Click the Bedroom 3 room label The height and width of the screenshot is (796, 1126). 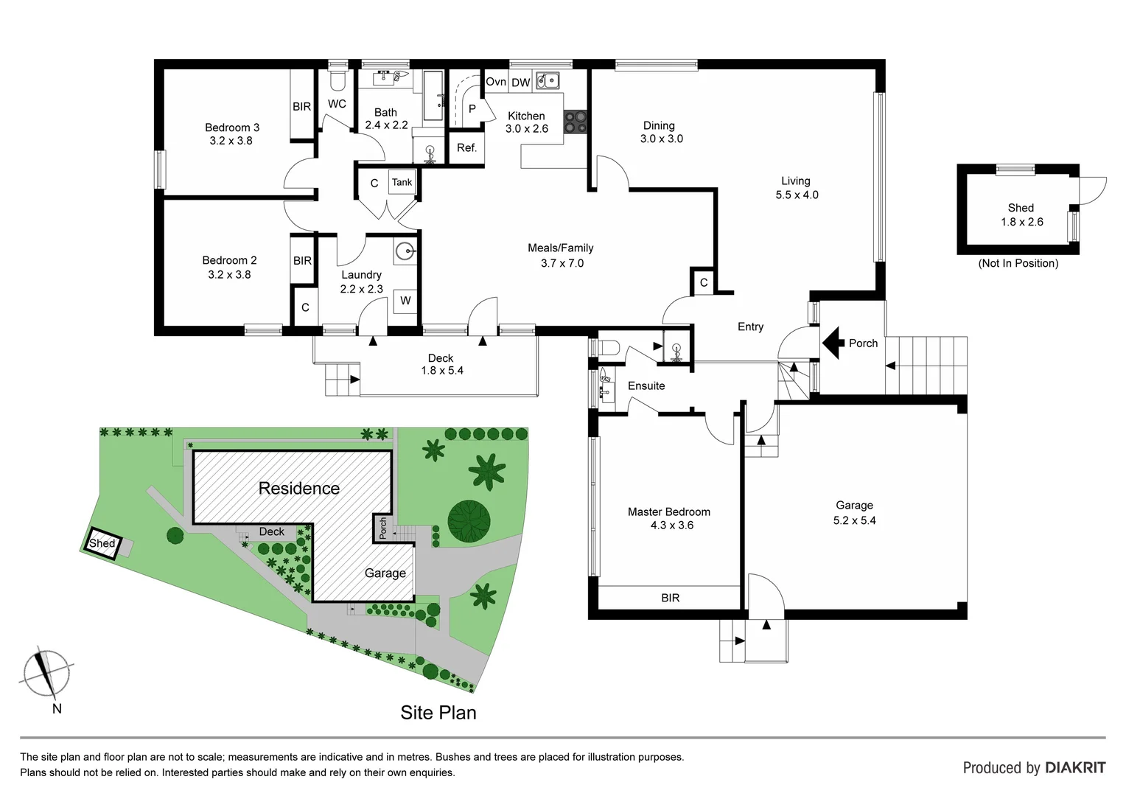(x=231, y=128)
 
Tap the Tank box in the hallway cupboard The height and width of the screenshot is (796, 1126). (x=402, y=182)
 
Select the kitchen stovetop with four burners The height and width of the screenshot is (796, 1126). (x=576, y=122)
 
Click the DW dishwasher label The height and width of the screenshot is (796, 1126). (x=520, y=83)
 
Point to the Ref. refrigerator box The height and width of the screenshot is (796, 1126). (x=466, y=148)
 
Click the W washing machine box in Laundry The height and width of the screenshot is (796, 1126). (x=405, y=301)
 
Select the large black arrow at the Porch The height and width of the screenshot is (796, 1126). (x=833, y=343)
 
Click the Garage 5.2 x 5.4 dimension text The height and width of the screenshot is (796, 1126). (x=854, y=520)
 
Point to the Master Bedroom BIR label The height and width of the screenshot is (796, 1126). (x=670, y=598)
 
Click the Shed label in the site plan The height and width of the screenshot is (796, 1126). (x=102, y=543)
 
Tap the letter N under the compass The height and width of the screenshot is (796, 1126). (x=57, y=709)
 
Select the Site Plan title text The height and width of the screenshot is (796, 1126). (x=438, y=713)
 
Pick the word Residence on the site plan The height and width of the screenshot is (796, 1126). (x=298, y=488)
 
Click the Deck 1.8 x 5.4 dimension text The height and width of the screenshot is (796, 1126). (x=441, y=371)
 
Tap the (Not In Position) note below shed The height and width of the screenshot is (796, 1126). (x=1018, y=263)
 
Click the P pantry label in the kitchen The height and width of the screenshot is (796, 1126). (x=472, y=109)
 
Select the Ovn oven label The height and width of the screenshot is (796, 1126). (x=495, y=82)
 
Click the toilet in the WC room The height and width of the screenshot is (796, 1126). (x=338, y=79)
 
